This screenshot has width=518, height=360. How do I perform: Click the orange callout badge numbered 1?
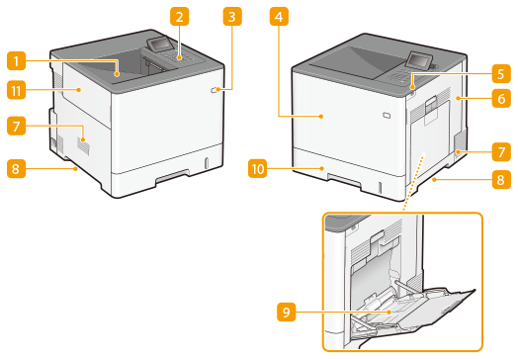coord(16,61)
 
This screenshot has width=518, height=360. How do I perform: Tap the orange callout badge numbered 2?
coord(179,17)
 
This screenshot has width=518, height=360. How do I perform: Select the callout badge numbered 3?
coord(232,17)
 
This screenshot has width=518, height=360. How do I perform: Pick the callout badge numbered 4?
coord(279,17)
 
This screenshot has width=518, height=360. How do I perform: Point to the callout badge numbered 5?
coord(501,74)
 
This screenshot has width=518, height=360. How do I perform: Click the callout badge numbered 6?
coord(501,98)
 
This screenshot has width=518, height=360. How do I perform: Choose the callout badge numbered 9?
coord(286,312)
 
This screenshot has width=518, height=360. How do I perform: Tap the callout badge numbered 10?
coord(258,168)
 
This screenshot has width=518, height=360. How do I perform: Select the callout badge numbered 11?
coord(16,90)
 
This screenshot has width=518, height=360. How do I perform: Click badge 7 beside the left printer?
coord(16,126)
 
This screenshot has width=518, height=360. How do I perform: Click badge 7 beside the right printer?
coord(501,152)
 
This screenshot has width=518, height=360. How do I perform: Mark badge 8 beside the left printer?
coord(16,169)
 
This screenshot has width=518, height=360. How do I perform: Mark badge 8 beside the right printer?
coord(501,179)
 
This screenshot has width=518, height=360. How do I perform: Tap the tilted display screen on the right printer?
coord(418,59)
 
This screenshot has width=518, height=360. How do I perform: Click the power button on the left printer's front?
coord(215,90)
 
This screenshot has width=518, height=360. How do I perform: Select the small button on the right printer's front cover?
coord(387,115)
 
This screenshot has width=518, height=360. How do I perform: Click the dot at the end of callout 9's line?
coord(389,312)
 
